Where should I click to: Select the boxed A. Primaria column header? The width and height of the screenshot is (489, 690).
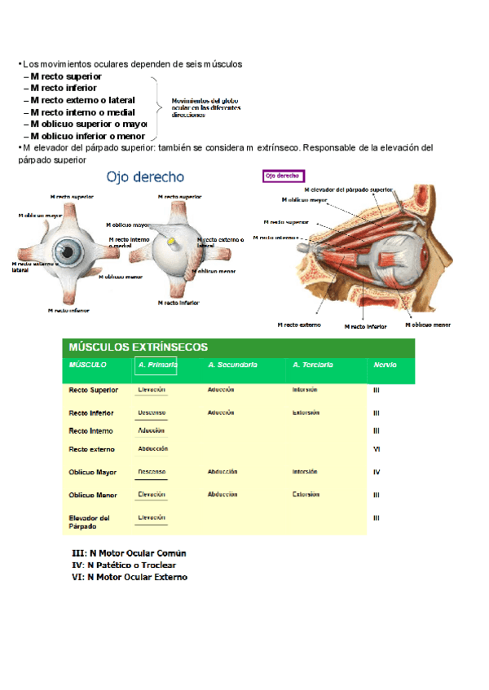tap(156, 366)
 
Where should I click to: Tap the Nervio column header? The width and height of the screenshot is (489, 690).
tap(385, 365)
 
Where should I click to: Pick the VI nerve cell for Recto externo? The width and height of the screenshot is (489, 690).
tap(377, 449)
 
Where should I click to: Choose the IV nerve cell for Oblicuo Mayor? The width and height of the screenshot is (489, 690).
tap(377, 472)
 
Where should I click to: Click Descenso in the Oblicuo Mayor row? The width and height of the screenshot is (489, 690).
tap(152, 472)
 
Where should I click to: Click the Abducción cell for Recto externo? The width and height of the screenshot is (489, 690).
tap(153, 449)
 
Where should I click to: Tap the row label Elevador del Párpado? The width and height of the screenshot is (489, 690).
tap(90, 522)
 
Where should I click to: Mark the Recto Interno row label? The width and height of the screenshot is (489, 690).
tap(91, 431)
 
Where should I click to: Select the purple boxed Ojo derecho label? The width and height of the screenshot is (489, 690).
tap(283, 176)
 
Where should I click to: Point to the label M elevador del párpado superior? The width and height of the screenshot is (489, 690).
tap(348, 190)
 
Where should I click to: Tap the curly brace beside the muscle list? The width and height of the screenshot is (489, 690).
tap(155, 106)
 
